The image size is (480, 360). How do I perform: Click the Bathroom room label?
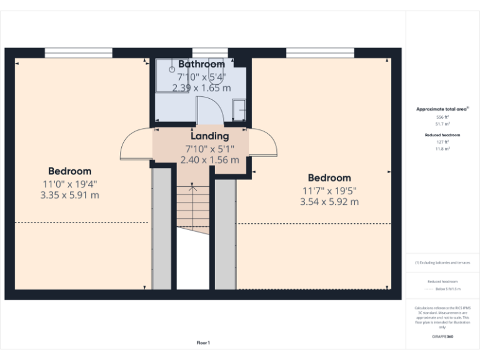coord(201,64)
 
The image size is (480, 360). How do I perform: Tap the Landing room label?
coord(209,136)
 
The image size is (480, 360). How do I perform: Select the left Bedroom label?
coord(70,171)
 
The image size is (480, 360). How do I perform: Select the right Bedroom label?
coord(329,178)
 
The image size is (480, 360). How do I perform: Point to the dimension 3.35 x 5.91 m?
coord(69,195)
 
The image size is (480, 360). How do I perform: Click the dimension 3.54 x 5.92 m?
coord(329,202)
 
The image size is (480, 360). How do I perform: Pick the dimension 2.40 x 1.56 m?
coord(209,160)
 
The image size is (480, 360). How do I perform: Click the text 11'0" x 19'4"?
coord(69,184)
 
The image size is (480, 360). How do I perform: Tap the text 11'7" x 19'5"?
coord(329,190)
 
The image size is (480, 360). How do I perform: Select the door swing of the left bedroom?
coord(134,145)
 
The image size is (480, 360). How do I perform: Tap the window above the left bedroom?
coord(79,52)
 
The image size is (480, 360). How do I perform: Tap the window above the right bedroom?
coord(320,52)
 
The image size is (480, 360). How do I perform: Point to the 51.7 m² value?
coord(442,124)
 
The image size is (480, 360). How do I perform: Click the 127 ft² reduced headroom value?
coord(442,142)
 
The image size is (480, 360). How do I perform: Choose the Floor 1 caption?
coord(203,342)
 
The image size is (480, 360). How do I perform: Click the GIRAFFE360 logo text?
coord(442,337)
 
